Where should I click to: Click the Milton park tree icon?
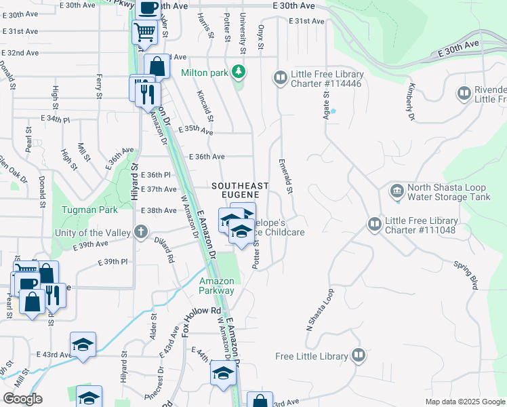point(238,71)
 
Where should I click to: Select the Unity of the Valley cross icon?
point(141,233)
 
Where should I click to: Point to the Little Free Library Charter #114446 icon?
point(280,79)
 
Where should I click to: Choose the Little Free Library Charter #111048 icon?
point(374,224)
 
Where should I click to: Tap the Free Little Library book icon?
point(358,355)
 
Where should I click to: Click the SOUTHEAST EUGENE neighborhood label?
point(240,191)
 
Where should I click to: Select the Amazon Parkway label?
point(217,286)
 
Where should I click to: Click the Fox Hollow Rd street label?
point(202,319)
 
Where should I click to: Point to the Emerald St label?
point(285,177)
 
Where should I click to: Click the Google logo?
point(22,399)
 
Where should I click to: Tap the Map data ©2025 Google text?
point(464,402)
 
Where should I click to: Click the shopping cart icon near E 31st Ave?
point(143,31)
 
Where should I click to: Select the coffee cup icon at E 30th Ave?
point(148,8)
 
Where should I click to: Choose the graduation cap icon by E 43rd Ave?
point(83,345)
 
